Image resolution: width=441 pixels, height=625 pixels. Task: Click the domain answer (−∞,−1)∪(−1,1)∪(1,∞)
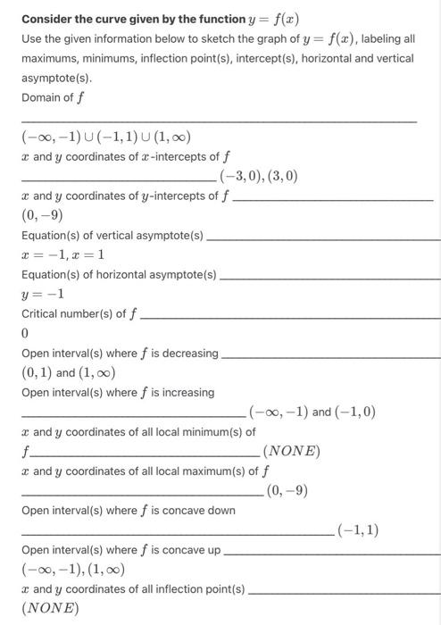pos(106,137)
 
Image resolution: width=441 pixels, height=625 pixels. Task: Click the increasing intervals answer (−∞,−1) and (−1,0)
pos(312,412)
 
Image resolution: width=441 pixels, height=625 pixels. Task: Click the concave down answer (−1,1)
pos(358,530)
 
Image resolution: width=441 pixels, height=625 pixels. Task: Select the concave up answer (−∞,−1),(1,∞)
pos(73,569)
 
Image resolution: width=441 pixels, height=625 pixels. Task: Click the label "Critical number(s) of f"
pos(79,313)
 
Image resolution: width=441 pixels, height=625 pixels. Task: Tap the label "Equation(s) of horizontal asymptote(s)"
pos(119,274)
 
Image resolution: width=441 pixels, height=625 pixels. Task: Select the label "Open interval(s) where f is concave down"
pos(129,511)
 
